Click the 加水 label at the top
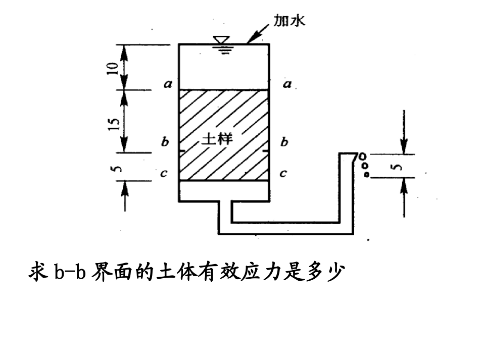click(289, 21)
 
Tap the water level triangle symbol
click(222, 40)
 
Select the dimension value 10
click(113, 68)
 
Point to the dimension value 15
click(113, 124)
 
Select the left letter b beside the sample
click(165, 141)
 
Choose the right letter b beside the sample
click(284, 141)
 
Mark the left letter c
click(164, 173)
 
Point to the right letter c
click(283, 173)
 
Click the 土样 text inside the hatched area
click(217, 139)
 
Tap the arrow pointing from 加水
click(258, 34)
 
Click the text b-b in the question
click(70, 271)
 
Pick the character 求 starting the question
click(38, 271)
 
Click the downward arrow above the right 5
click(404, 132)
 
